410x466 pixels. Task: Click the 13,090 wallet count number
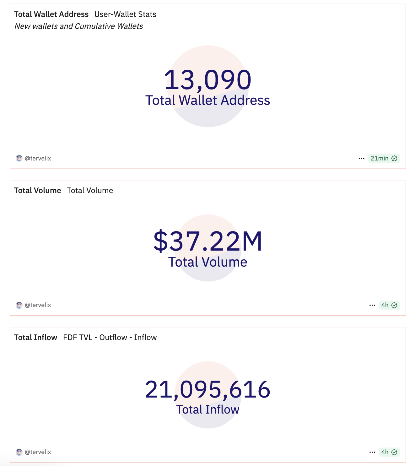208,80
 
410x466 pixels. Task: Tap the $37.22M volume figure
208,241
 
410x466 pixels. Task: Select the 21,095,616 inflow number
208,389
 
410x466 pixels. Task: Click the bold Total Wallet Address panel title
51,14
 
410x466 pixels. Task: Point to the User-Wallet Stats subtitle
125,14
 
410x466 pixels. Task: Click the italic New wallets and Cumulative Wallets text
78,26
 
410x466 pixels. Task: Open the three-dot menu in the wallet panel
361,158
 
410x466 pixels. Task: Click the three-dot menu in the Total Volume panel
372,305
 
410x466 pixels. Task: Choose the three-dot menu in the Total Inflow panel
372,452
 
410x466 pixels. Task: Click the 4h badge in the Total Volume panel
389,305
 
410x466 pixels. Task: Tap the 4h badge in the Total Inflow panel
389,452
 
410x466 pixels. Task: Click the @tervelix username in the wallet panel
38,158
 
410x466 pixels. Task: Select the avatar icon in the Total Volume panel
19,305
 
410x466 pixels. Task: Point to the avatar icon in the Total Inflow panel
19,452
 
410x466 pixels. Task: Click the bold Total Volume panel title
38,191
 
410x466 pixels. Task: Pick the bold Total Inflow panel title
35,338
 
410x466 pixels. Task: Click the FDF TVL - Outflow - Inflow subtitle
110,338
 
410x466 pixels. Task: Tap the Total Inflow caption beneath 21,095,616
208,410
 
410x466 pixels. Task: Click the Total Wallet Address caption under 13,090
208,100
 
